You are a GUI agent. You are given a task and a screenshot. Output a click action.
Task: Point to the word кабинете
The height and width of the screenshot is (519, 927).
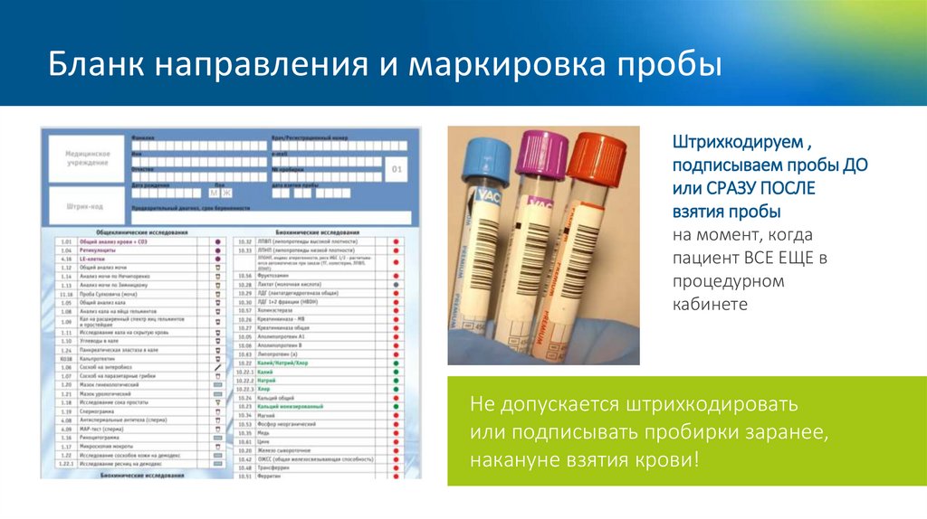[710, 304]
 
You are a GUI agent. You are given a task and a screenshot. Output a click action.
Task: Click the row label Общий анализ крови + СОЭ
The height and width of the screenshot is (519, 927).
[113, 243]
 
